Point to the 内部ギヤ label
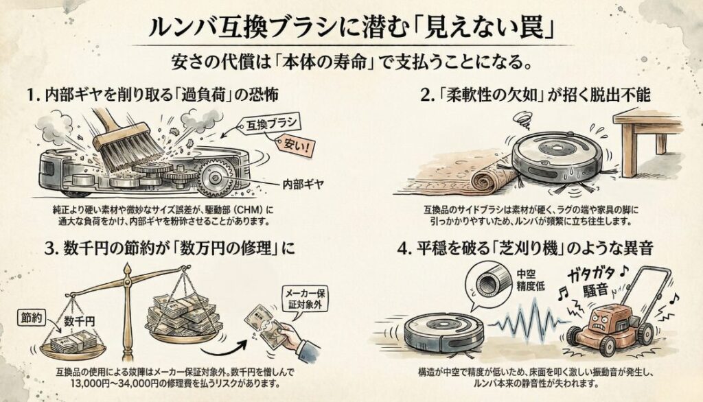click(x=303, y=185)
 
